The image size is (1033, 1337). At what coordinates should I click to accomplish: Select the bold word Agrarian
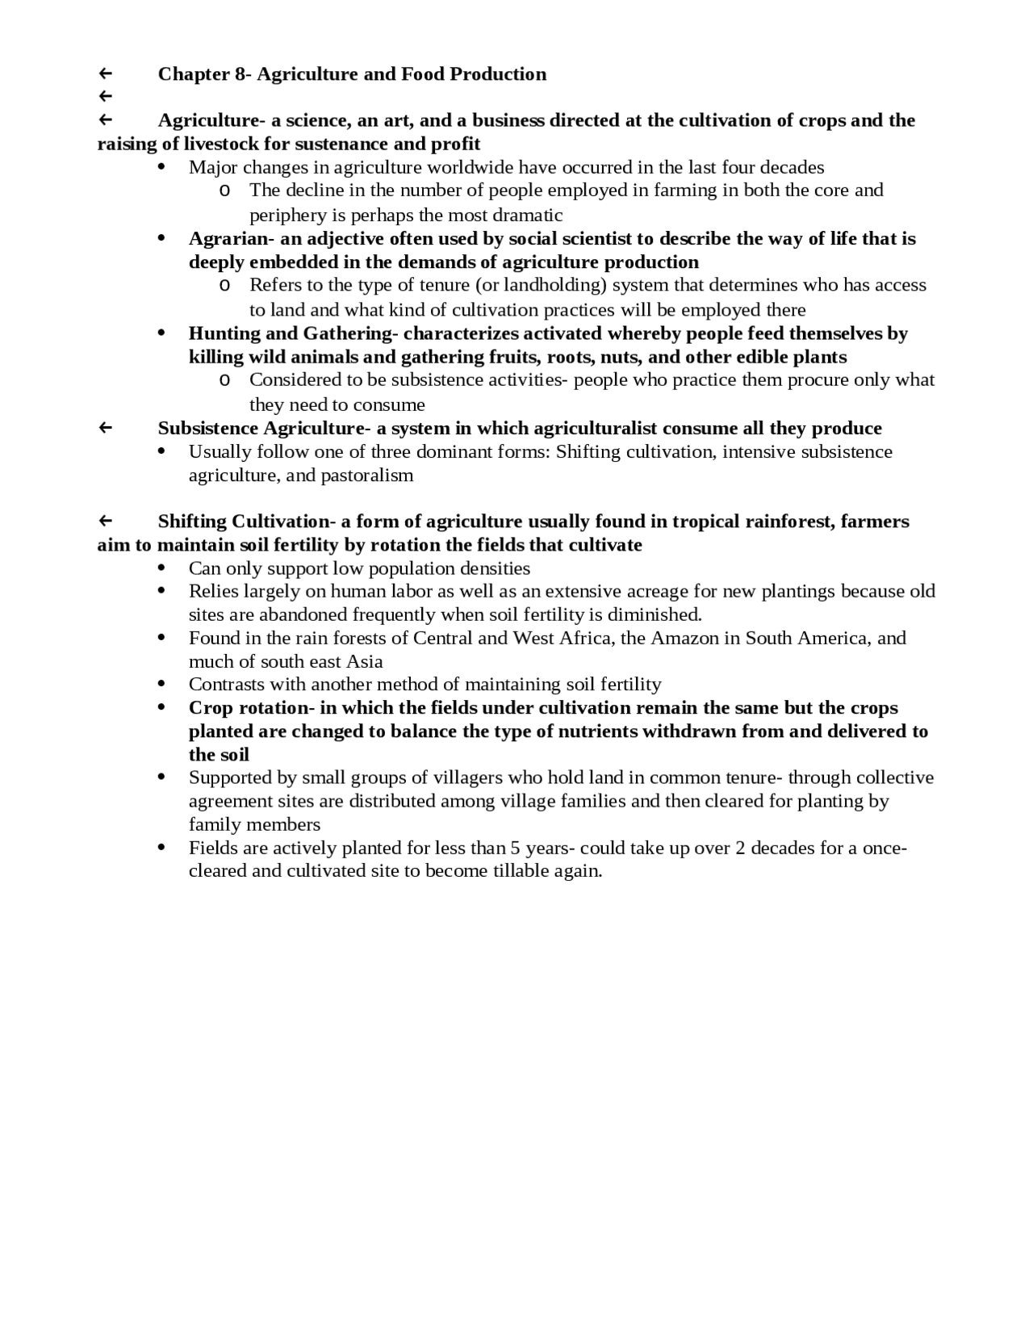click(x=224, y=239)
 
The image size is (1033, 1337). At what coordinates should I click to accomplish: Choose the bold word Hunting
click(x=221, y=333)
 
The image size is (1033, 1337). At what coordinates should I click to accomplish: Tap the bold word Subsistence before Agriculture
click(x=207, y=428)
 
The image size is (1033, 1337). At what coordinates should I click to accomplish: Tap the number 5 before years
click(x=514, y=849)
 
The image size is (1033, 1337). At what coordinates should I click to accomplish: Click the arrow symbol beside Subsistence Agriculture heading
click(x=105, y=428)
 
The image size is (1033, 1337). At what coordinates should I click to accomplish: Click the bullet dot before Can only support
click(x=162, y=568)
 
